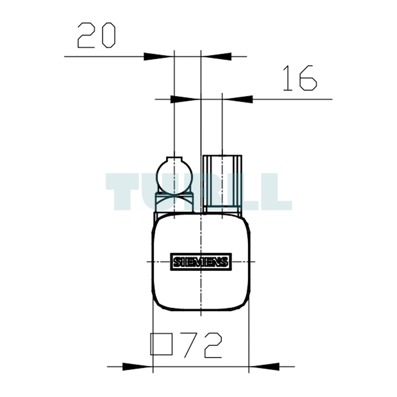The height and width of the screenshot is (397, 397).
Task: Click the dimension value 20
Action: [x=96, y=35]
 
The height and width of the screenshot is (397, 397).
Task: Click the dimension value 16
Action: [x=300, y=78]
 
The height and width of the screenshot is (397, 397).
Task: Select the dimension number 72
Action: [x=203, y=345]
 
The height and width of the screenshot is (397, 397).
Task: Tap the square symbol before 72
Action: [x=161, y=344]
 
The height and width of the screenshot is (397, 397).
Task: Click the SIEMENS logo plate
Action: [x=201, y=262]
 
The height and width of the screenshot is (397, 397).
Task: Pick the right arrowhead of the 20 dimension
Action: [x=216, y=56]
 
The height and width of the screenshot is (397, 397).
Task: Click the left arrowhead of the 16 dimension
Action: [x=185, y=99]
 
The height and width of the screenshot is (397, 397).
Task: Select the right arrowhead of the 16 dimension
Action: [x=237, y=99]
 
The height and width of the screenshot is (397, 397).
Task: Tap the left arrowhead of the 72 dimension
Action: [x=138, y=366]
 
